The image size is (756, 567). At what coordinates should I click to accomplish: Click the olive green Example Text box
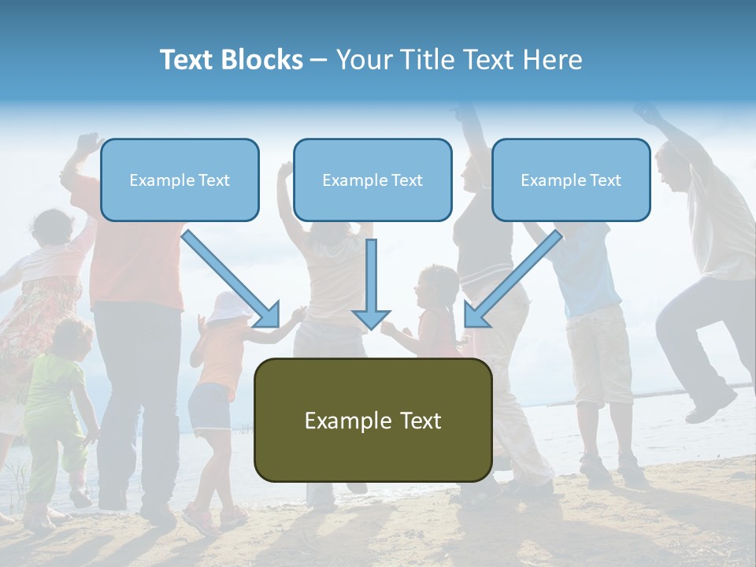(372, 420)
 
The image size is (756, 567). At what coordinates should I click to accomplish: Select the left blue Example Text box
(180, 180)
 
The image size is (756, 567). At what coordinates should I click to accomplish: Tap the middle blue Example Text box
(372, 180)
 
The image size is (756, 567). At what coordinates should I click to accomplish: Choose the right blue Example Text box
(571, 180)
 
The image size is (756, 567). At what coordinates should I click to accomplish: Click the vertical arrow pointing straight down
(371, 283)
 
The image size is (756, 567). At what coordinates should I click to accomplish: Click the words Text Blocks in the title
(231, 60)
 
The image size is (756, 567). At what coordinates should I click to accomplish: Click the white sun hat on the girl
(228, 307)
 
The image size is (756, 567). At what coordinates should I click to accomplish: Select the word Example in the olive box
(340, 421)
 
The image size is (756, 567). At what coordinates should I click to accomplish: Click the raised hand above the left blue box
(88, 144)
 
